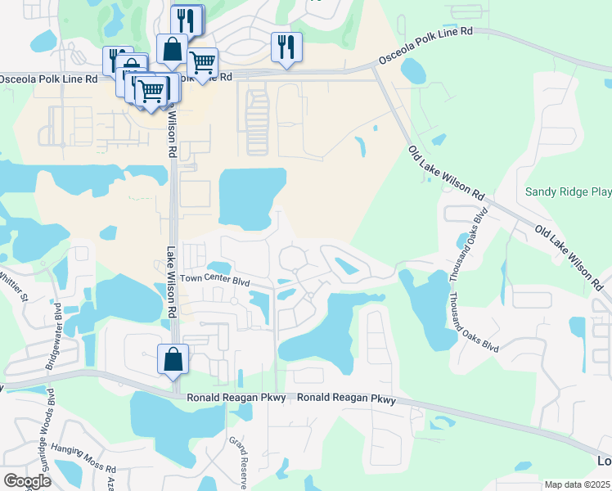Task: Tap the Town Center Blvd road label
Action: pos(214,279)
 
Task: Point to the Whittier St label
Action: pos(15,286)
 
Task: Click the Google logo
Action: pos(27,481)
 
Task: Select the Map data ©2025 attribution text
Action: pos(578,484)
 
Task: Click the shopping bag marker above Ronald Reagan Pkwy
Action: pos(173,359)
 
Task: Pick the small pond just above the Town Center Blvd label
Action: pos(219,267)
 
